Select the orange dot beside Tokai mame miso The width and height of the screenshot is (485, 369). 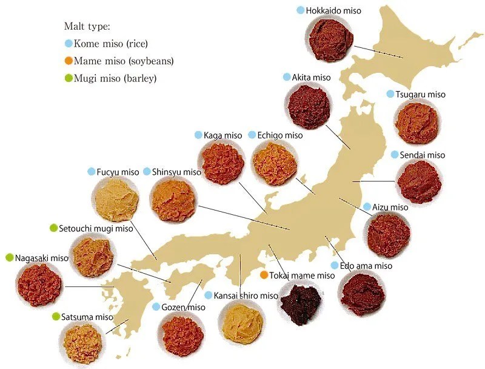(264, 275)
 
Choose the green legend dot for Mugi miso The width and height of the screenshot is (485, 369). (69, 78)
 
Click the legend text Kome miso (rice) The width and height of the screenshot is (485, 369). (111, 44)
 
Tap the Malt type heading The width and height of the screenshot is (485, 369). (86, 27)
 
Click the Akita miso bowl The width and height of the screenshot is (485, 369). (307, 105)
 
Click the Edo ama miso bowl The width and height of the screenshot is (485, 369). (362, 294)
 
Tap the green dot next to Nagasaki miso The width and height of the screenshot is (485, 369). (9, 257)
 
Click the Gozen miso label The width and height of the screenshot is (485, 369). (184, 307)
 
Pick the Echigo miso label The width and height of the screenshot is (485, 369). (279, 135)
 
